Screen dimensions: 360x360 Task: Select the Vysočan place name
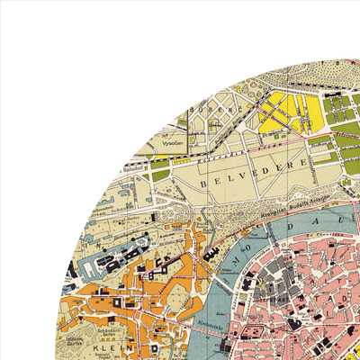pyautogui.click(x=173, y=142)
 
